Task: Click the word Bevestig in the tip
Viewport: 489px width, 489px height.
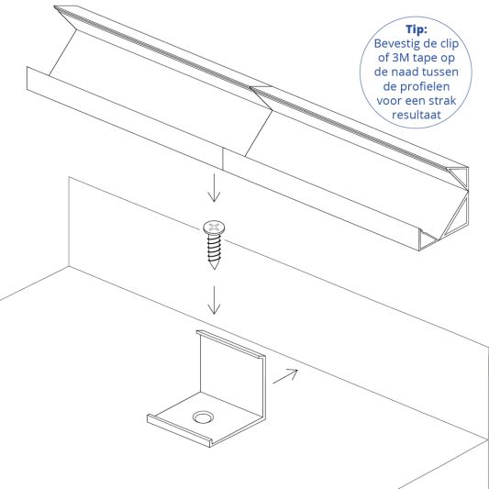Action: (x=395, y=43)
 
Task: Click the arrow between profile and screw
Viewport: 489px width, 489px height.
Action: (x=214, y=188)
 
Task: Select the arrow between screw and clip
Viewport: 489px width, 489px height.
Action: (x=214, y=300)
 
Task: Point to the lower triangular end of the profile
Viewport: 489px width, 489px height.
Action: (x=457, y=217)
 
